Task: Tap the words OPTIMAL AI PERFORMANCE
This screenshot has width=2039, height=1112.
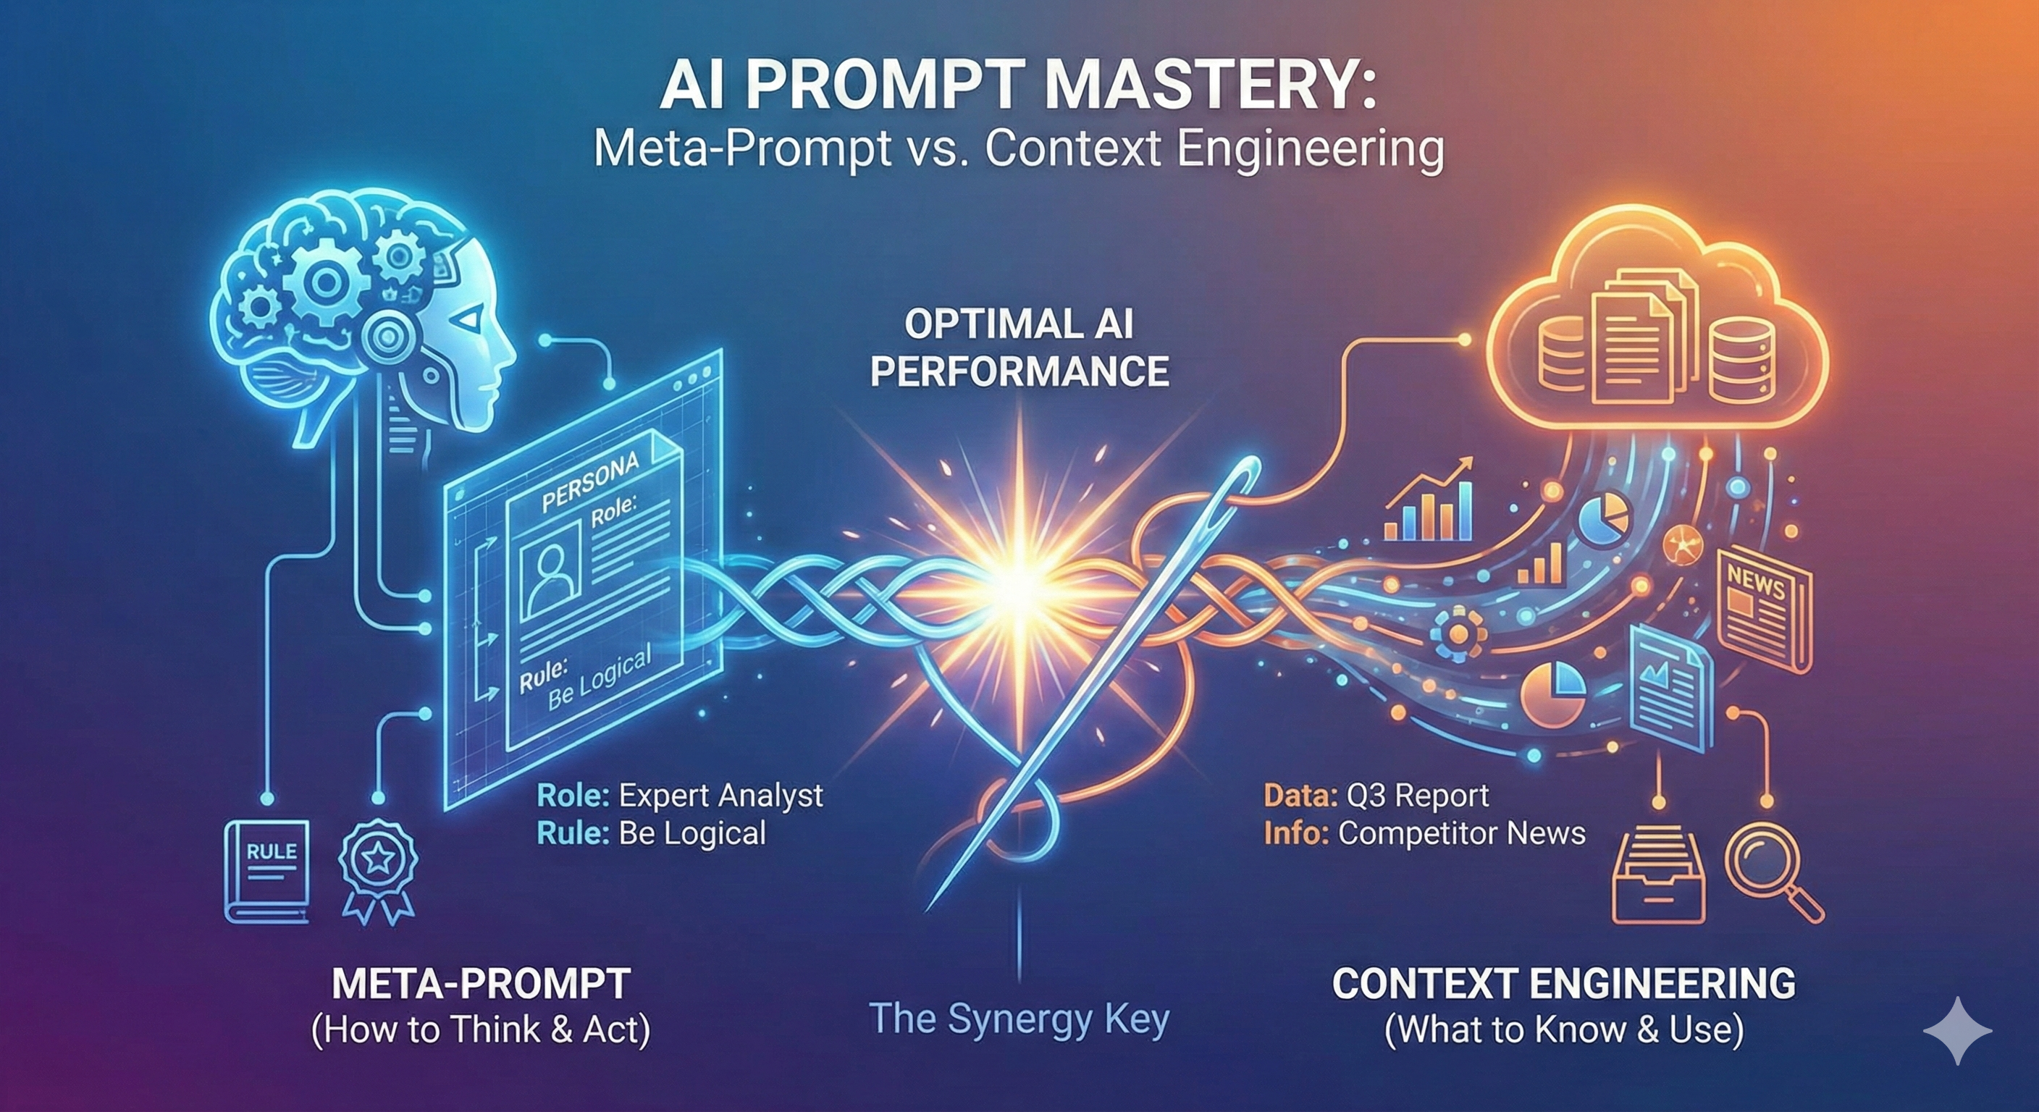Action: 1019,348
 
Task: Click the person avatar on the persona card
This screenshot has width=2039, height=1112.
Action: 552,570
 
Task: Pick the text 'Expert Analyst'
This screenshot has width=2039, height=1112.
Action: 720,796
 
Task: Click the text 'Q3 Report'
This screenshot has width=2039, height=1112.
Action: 1417,796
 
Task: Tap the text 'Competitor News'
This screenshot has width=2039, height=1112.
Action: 1461,833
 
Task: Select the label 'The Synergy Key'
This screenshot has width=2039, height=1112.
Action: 1019,1019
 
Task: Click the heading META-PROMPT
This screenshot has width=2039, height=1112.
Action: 482,985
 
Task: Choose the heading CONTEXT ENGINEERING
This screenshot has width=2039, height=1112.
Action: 1564,985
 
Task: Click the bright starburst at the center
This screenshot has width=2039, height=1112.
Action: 1019,584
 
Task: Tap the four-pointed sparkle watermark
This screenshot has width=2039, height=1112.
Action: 1957,1030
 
